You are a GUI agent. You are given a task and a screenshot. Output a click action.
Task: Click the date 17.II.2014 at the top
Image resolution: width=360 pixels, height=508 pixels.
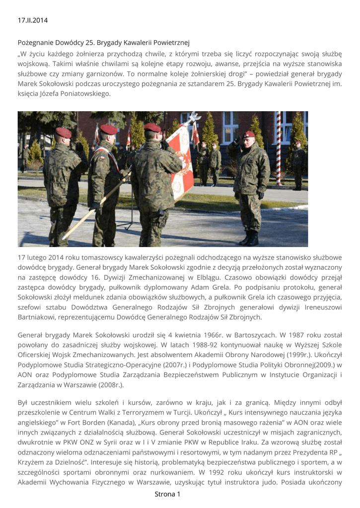[x=33, y=20]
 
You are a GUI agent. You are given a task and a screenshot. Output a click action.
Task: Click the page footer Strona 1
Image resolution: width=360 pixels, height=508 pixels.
[x=167, y=494]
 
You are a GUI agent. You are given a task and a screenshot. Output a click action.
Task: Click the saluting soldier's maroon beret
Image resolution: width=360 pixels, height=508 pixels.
[x=249, y=134]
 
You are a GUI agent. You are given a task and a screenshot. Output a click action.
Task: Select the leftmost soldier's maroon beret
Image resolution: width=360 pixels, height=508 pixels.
[x=63, y=132]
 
